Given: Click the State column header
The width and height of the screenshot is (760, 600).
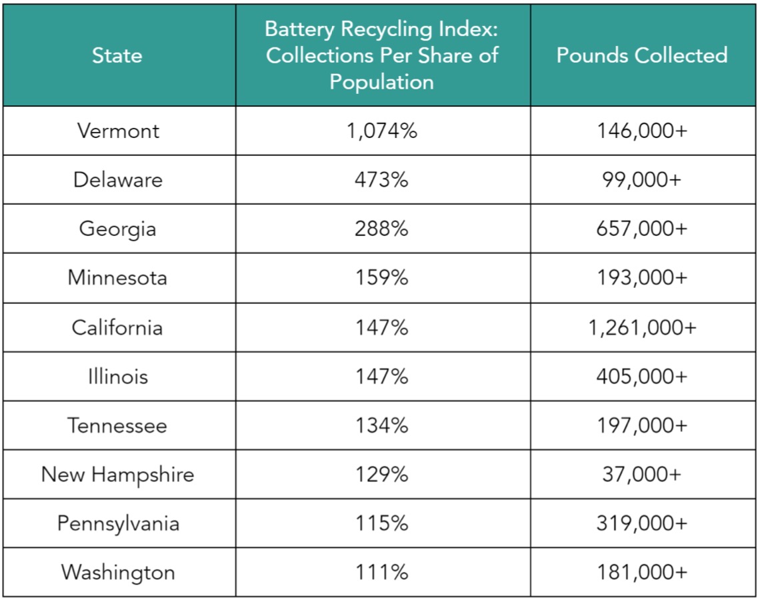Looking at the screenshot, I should (x=117, y=55).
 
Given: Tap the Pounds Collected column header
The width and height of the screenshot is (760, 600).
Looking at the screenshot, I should (x=641, y=55).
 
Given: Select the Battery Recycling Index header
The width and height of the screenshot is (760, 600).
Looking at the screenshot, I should (x=382, y=55).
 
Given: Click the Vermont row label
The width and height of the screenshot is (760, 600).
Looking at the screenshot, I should (x=118, y=131).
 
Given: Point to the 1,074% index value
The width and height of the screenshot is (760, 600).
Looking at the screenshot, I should (x=382, y=131).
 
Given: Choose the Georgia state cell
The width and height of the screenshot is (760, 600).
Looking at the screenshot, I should (x=117, y=229).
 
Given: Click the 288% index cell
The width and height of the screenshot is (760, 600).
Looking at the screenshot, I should (x=382, y=229).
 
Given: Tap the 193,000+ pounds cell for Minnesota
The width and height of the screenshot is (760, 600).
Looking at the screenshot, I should (x=641, y=278).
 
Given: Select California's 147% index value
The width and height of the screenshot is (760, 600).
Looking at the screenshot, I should (x=382, y=327).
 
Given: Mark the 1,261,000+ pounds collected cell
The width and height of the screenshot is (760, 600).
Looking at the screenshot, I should (x=642, y=327).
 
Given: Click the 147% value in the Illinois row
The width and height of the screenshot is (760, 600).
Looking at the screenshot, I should (x=382, y=377).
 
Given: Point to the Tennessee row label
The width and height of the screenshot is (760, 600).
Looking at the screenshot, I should (x=117, y=425).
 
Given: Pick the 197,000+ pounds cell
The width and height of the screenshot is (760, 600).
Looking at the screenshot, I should (x=641, y=425).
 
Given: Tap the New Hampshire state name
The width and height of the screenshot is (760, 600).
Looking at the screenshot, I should (x=117, y=475).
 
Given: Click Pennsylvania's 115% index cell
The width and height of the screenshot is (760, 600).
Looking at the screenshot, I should (x=382, y=523).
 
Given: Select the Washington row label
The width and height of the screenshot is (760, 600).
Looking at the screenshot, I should (x=117, y=573).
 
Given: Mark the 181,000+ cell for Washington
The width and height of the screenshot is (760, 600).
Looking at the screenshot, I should (x=641, y=573).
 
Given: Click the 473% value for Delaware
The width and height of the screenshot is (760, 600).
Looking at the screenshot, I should (x=382, y=180).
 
